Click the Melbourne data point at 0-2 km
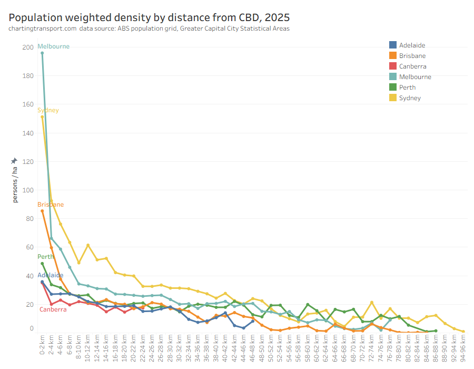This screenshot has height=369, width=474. click(42, 53)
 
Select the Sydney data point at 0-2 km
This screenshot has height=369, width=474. click(42, 117)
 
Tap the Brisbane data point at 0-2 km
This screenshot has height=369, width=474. click(42, 211)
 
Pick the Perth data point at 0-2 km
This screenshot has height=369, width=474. click(42, 264)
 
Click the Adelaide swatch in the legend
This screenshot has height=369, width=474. click(393, 45)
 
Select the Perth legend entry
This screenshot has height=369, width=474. click(407, 88)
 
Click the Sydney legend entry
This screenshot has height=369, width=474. click(409, 98)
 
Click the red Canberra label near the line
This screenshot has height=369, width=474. click(53, 309)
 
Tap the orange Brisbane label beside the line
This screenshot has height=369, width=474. click(51, 205)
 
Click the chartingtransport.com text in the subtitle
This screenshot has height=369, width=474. click(42, 28)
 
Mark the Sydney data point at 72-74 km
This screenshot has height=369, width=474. click(372, 303)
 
